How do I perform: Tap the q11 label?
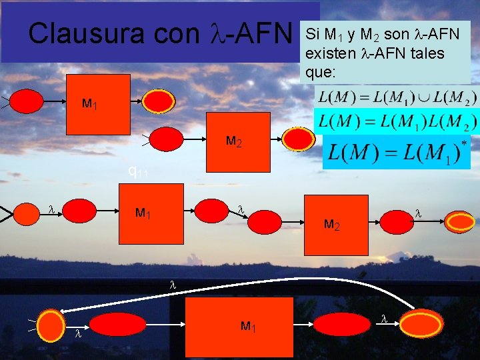pyautogui.click(x=138, y=172)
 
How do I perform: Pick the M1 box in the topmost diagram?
pyautogui.click(x=101, y=103)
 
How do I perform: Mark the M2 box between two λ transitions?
pyautogui.click(x=336, y=225)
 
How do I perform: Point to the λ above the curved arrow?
pyautogui.click(x=172, y=284)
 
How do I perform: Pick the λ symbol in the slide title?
pyautogui.click(x=218, y=33)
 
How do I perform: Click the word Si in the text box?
pyautogui.click(x=313, y=34)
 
